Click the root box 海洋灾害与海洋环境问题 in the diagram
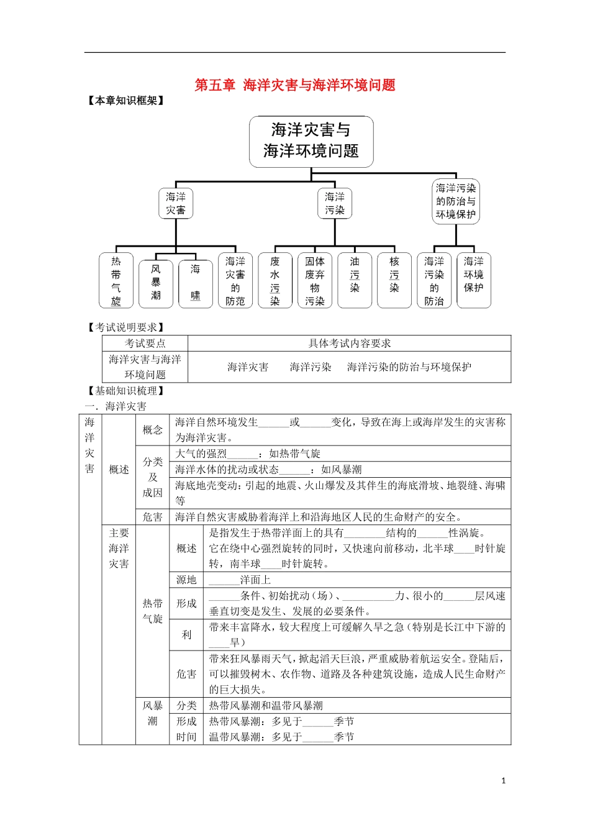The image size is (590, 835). (x=311, y=141)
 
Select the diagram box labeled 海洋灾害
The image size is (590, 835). (x=176, y=204)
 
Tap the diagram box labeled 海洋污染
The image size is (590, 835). (x=335, y=204)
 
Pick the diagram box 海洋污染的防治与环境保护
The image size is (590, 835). (x=456, y=201)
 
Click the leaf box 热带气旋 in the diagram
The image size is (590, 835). (x=116, y=281)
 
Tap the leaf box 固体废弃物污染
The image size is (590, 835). (x=315, y=281)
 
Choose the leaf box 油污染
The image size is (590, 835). (x=355, y=281)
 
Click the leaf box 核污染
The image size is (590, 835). (x=394, y=281)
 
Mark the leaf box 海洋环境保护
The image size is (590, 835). (x=474, y=281)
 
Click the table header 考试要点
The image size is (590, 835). (x=145, y=344)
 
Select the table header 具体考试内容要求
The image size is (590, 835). (x=350, y=344)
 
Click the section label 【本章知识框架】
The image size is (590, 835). (x=126, y=101)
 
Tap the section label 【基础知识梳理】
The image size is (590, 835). (x=126, y=391)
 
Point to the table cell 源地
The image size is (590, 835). (x=186, y=580)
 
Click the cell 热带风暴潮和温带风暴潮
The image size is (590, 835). (x=266, y=706)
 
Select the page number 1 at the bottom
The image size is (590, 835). (x=504, y=780)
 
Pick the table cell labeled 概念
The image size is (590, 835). (x=153, y=430)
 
